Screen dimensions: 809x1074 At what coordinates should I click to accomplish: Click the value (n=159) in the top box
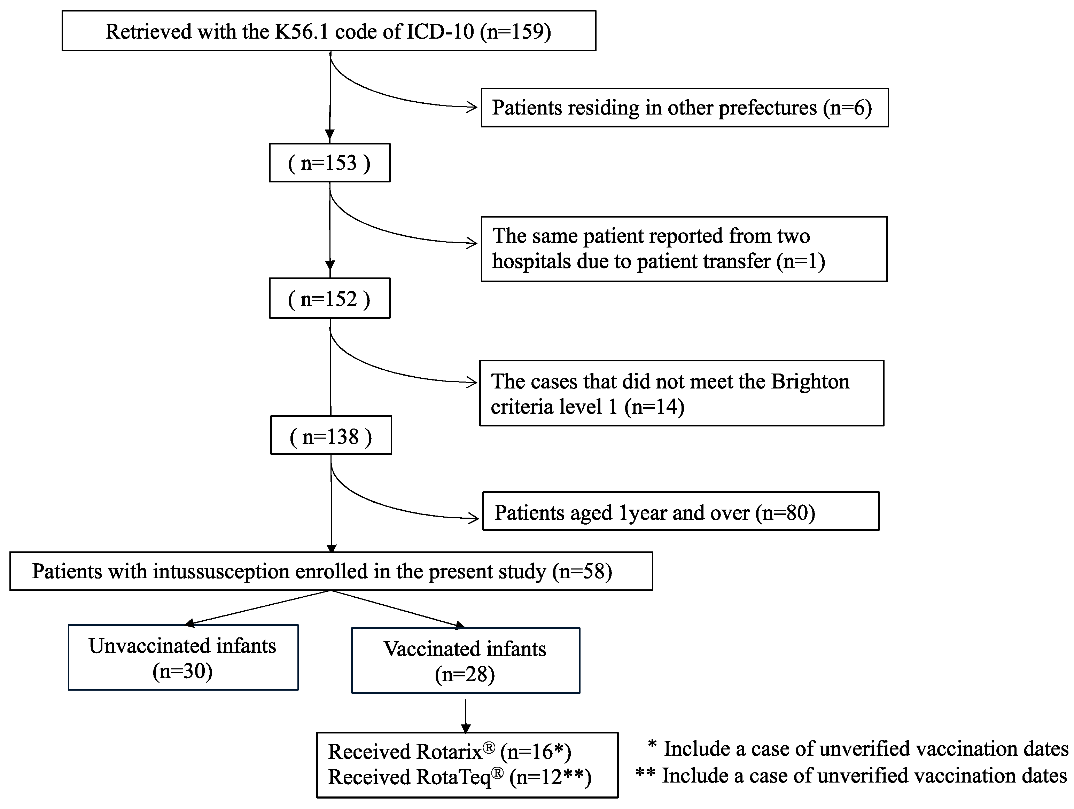516,32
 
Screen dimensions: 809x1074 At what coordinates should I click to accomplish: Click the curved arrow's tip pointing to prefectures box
475,107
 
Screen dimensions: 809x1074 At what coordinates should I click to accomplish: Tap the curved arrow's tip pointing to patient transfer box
475,243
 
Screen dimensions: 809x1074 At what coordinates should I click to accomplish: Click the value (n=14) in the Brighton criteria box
654,407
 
